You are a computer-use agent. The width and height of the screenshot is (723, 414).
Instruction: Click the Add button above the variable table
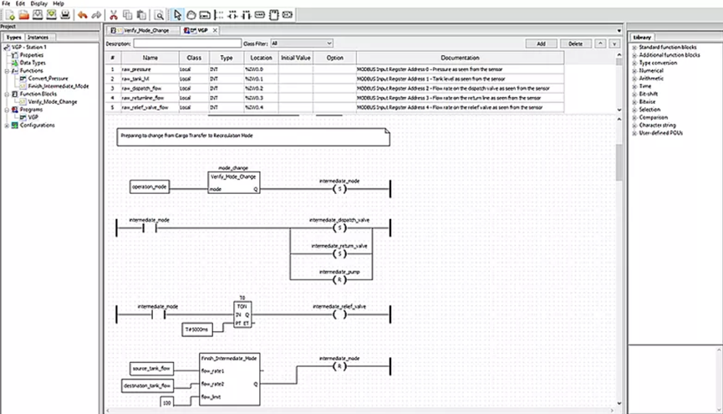pos(541,43)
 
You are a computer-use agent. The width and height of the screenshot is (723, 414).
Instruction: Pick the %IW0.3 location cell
pos(255,97)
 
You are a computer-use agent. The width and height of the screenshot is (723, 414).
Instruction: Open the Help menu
pos(59,3)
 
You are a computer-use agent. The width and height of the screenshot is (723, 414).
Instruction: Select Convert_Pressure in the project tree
pos(48,78)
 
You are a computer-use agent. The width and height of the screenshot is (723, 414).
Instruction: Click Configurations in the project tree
pos(33,125)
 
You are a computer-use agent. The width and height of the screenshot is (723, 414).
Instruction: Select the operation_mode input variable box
pos(149,187)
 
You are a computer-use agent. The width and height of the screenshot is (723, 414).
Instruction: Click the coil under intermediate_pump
pos(339,279)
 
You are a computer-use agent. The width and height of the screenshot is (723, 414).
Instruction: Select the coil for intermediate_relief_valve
pos(339,316)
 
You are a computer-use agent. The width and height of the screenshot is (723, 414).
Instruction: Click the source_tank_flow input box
pos(151,369)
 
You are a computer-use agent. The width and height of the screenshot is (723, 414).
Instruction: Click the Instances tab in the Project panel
pos(38,38)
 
